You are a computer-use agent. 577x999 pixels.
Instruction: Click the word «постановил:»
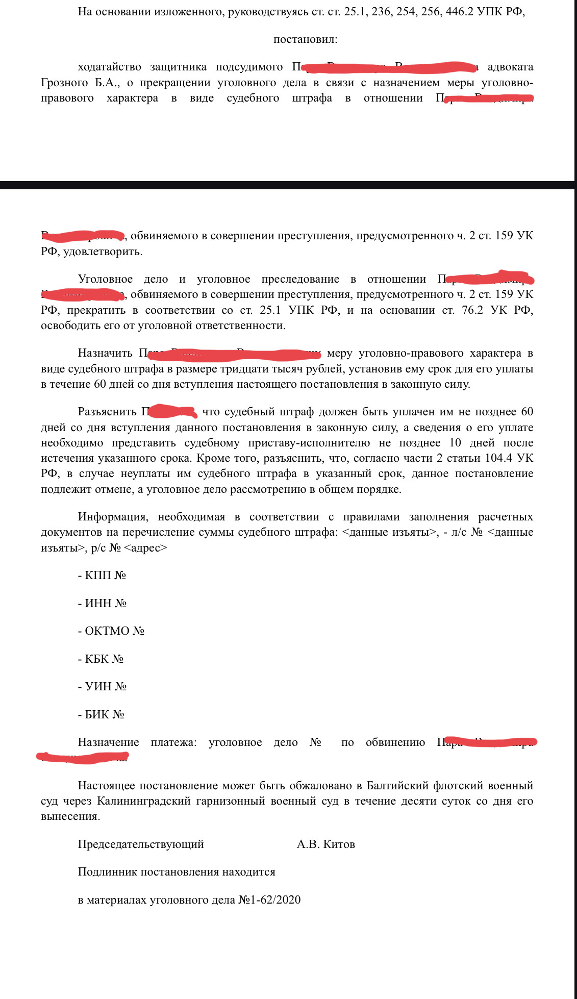[x=305, y=39]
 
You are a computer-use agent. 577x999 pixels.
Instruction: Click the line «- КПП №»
[x=102, y=576]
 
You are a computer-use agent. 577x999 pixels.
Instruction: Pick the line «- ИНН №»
[x=102, y=604]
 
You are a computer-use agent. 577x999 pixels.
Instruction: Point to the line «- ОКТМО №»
[x=111, y=631]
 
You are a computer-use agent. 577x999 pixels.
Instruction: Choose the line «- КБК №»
[x=101, y=659]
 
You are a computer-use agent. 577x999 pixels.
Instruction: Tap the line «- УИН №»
[x=102, y=687]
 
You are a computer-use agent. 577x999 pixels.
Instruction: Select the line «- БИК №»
[x=101, y=715]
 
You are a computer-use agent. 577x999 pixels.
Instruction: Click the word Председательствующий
[x=141, y=844]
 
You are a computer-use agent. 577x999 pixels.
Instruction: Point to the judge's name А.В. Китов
[x=325, y=844]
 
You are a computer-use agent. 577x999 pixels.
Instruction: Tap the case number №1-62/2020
[x=269, y=900]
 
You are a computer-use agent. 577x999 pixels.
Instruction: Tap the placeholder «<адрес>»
[x=145, y=548]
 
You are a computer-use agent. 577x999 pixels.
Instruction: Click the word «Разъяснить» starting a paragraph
[x=107, y=412]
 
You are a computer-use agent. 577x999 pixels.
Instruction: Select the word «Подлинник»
[x=107, y=872]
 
